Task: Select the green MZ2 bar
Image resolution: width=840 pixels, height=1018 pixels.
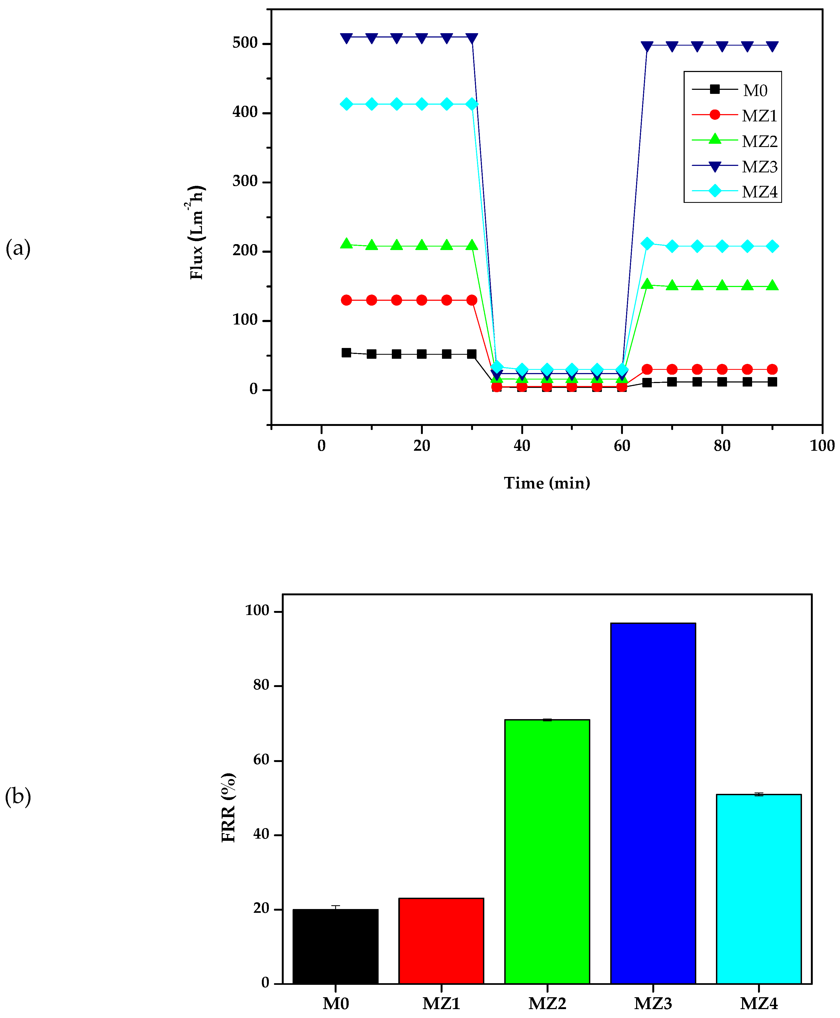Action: (547, 852)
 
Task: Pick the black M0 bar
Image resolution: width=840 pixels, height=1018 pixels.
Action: (335, 946)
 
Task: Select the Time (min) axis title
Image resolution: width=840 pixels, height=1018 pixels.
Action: (547, 483)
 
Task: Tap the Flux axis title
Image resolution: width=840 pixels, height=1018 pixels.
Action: (197, 232)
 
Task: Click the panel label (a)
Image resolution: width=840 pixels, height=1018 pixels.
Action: (18, 248)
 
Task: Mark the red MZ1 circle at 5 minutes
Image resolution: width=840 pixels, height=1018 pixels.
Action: (347, 300)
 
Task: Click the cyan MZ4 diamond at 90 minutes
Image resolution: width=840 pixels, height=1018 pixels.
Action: (772, 246)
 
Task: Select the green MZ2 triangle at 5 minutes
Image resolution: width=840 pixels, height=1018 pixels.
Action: (347, 244)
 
